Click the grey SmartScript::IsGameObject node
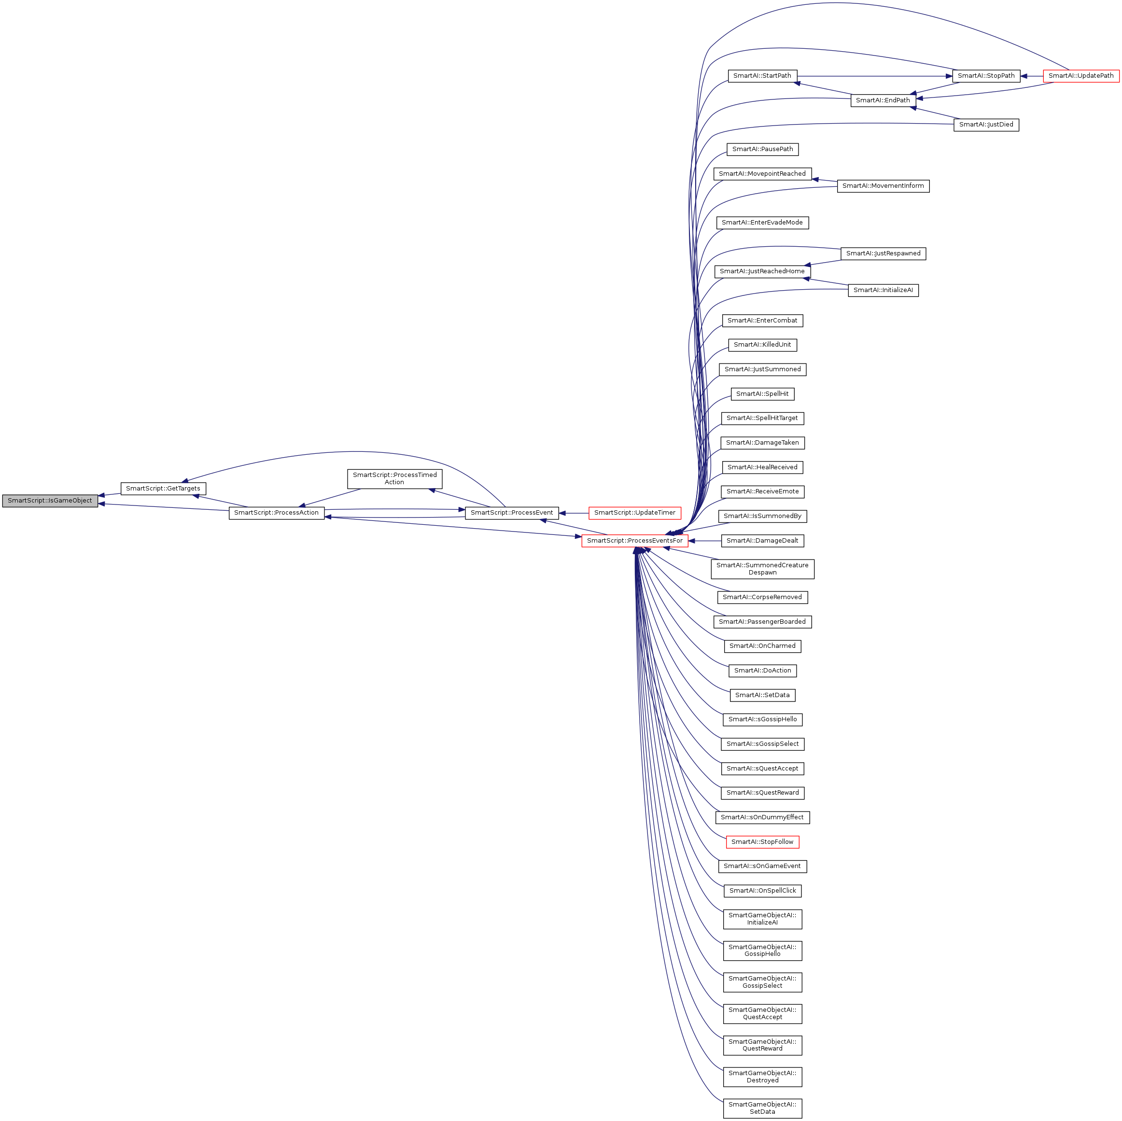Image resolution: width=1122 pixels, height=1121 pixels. [50, 501]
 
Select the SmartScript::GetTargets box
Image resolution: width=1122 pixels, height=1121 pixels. [163, 489]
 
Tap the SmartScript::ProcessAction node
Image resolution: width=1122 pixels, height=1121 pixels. [277, 513]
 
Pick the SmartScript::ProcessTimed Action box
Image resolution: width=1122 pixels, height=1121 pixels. [394, 478]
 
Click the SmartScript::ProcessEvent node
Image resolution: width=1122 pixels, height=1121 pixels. [512, 513]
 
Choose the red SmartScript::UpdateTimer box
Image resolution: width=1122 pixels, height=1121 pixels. [634, 513]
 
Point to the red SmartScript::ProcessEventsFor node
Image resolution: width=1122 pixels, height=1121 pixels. [635, 541]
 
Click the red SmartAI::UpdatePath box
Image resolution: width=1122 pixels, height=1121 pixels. [1081, 76]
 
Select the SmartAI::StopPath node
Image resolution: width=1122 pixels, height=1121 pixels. [986, 76]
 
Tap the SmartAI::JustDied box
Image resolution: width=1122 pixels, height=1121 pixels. [986, 125]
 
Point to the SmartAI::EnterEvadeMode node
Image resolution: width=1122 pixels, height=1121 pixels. [762, 223]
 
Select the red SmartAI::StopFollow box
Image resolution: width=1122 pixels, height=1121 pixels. [762, 841]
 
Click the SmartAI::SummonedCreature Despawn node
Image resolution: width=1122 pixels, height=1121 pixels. [762, 569]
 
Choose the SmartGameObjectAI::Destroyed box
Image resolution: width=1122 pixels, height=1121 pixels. [762, 1077]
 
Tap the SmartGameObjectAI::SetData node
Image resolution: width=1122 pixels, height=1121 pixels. [762, 1108]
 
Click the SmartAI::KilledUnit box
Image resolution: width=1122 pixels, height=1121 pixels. [762, 345]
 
